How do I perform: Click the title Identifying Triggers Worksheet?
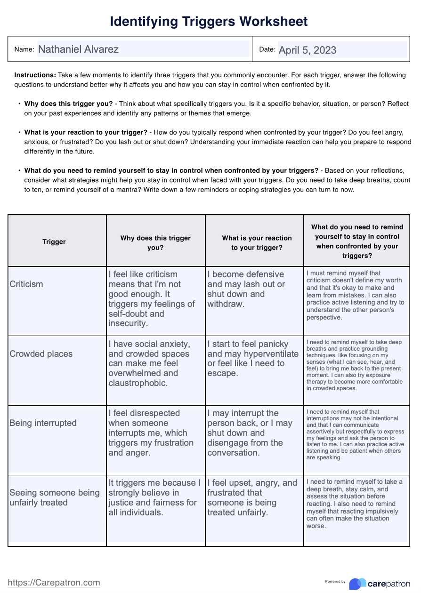pyautogui.click(x=209, y=21)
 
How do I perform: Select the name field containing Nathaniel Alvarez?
pyautogui.click(x=143, y=49)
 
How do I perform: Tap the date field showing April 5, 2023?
pyautogui.click(x=342, y=50)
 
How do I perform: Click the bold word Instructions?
pyautogui.click(x=35, y=75)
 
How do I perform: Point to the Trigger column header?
pyautogui.click(x=54, y=241)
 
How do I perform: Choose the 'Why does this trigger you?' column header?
pyautogui.click(x=155, y=242)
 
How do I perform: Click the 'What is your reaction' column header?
pyautogui.click(x=257, y=242)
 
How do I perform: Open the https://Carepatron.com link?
pyautogui.click(x=54, y=582)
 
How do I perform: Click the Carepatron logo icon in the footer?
pyautogui.click(x=357, y=584)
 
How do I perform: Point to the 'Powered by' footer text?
pyautogui.click(x=335, y=581)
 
